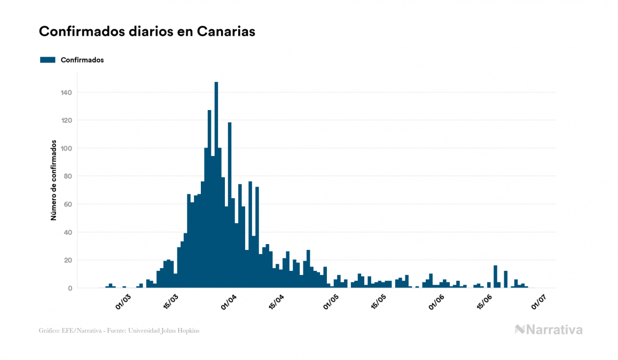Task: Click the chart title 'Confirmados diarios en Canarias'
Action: (147, 32)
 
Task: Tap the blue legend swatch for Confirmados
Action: (48, 60)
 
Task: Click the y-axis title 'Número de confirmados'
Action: (53, 181)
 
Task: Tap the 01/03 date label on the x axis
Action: (123, 302)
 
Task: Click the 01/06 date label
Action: (437, 302)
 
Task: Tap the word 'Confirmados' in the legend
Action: (82, 60)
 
